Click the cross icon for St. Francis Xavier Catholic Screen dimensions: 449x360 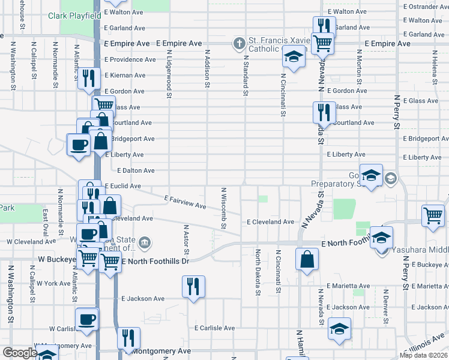(x=239, y=43)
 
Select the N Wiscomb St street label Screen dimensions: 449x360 (x=223, y=208)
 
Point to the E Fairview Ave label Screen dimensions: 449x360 (x=185, y=202)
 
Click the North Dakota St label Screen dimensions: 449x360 (x=258, y=272)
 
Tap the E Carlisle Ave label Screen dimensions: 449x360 (x=214, y=328)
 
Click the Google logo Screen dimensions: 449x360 (x=19, y=353)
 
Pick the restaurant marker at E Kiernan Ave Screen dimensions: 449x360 (x=88, y=79)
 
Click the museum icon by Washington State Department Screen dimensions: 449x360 (x=145, y=243)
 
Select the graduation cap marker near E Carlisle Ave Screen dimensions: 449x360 (x=339, y=329)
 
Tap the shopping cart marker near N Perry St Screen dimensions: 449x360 (x=433, y=215)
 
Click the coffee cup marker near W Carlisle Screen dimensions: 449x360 (x=87, y=318)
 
